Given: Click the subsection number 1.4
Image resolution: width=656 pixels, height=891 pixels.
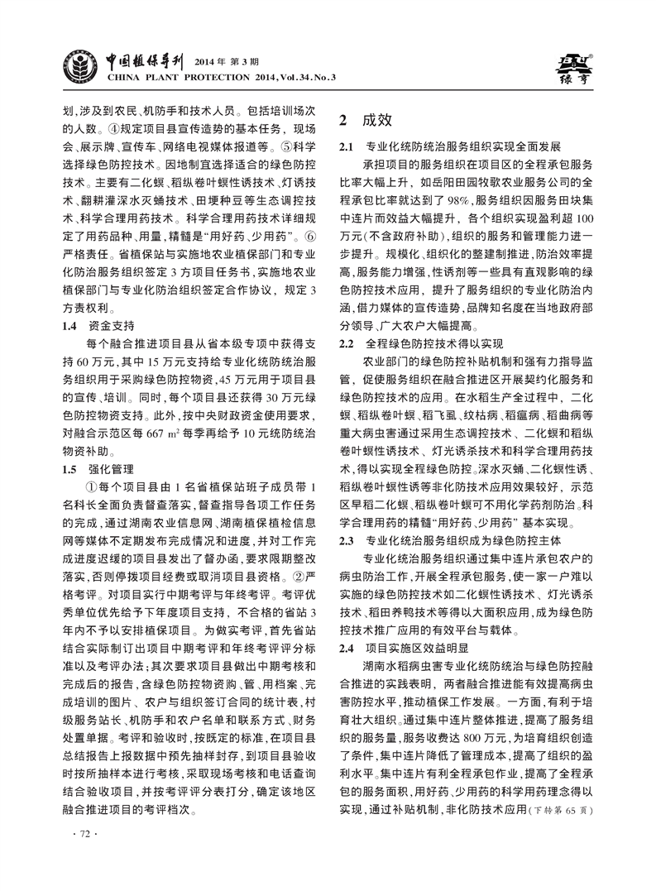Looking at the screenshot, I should (73, 325).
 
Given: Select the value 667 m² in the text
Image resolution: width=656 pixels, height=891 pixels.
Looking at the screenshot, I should (156, 433).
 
